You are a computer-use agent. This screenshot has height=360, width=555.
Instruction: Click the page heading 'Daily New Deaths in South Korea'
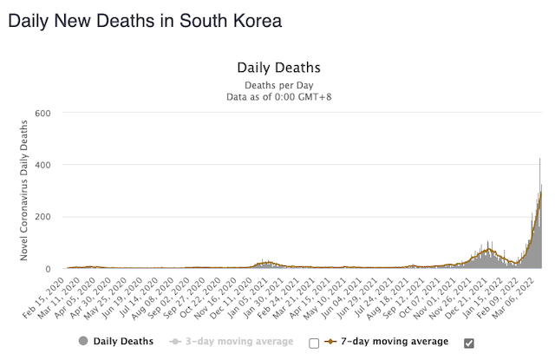pyautogui.click(x=145, y=19)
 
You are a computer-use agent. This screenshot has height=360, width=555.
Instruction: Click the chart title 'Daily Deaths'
pyautogui.click(x=279, y=67)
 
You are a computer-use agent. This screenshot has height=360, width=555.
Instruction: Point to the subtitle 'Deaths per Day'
pyautogui.click(x=279, y=85)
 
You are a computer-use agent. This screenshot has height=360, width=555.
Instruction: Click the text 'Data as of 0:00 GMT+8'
pyautogui.click(x=279, y=97)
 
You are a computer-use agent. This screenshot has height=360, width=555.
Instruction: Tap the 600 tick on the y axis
pyautogui.click(x=44, y=113)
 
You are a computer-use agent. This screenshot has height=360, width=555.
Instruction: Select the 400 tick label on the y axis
pyautogui.click(x=44, y=165)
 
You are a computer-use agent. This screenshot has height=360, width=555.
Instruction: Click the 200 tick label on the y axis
pyautogui.click(x=44, y=217)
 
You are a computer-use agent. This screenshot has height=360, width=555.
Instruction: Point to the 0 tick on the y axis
pyautogui.click(x=50, y=269)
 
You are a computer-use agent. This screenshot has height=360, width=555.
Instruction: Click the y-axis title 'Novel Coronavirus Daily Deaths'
pyautogui.click(x=25, y=191)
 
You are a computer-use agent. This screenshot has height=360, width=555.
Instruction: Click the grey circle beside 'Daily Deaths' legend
pyautogui.click(x=83, y=342)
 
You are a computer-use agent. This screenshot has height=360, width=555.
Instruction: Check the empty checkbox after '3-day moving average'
pyautogui.click(x=314, y=343)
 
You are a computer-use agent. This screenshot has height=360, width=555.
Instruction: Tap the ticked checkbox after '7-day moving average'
pyautogui.click(x=469, y=343)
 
